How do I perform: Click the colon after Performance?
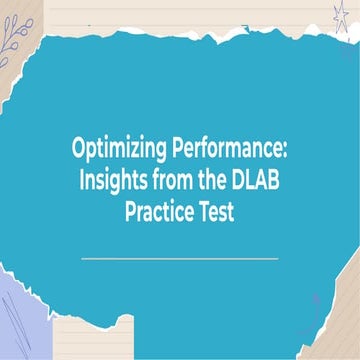tap(284, 152)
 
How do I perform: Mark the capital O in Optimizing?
tap(78, 150)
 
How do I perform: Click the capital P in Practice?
tap(131, 212)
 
